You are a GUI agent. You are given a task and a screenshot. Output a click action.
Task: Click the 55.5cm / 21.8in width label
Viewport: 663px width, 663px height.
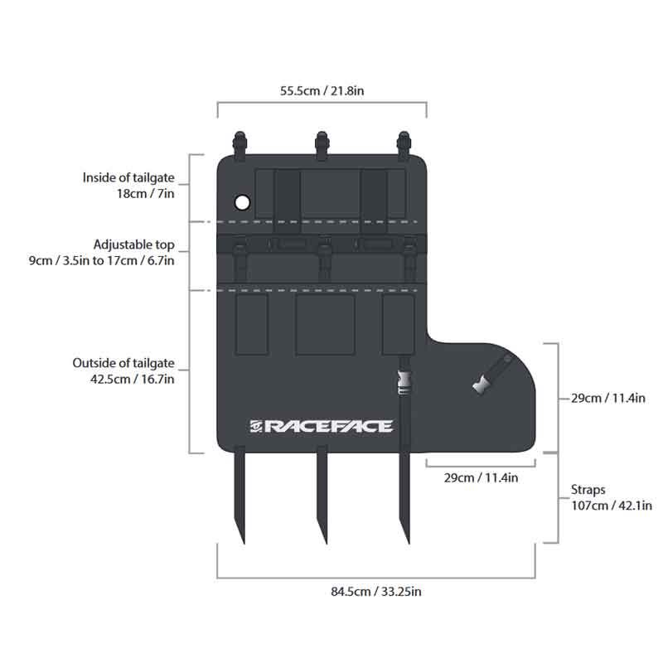[322, 91]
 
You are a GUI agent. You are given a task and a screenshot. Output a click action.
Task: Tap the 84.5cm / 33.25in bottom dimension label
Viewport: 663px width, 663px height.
[376, 591]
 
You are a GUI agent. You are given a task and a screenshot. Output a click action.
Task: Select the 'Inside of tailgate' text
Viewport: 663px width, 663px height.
[128, 177]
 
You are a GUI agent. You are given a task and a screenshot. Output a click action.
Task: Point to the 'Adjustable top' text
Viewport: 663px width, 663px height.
[134, 244]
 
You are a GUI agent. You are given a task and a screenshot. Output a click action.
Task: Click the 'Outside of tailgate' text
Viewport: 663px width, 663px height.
[123, 363]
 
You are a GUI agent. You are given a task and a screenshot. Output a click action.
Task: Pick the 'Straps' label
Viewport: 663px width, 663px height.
[588, 490]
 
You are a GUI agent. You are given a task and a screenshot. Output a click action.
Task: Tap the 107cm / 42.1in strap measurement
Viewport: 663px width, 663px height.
[612, 506]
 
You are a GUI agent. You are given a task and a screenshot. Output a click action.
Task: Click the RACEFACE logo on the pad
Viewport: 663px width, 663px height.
[321, 426]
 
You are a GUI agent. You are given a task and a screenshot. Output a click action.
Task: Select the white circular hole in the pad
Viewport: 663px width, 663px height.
[242, 202]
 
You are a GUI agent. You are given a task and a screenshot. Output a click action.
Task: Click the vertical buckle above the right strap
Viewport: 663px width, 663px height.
[404, 383]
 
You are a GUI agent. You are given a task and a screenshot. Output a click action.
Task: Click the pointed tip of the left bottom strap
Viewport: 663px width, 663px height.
[244, 544]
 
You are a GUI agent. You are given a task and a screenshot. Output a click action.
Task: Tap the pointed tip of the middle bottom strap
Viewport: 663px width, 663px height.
[326, 544]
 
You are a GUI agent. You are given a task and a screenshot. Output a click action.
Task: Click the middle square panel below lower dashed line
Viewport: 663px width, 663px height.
[325, 324]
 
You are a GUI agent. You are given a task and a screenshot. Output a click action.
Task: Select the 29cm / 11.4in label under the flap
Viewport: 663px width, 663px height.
[481, 478]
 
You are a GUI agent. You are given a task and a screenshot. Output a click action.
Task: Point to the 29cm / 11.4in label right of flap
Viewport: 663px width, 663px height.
[608, 399]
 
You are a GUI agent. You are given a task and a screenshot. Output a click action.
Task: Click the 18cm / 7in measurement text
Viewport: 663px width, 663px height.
[146, 194]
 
